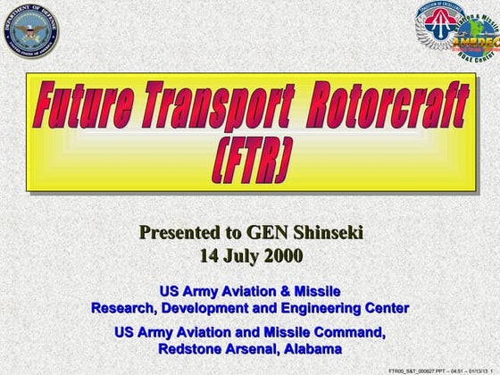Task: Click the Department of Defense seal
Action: pos(30,31)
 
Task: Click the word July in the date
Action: pos(240,255)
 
